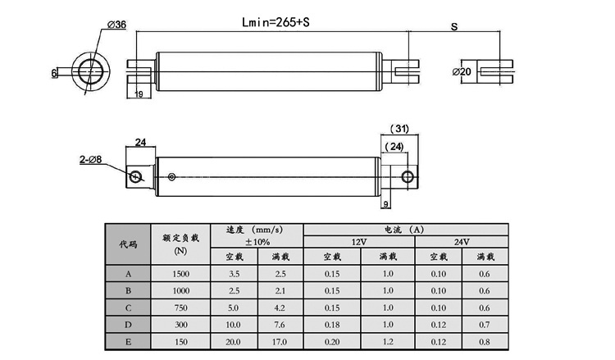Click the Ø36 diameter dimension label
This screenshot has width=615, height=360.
pyautogui.click(x=115, y=25)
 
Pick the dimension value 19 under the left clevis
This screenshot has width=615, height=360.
pyautogui.click(x=138, y=95)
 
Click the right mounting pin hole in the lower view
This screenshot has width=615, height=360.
pyautogui.click(x=408, y=175)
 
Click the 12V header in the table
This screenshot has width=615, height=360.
pyautogui.click(x=359, y=242)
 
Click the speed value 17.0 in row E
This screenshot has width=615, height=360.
pyautogui.click(x=280, y=340)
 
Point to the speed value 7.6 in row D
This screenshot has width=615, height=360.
pyautogui.click(x=280, y=324)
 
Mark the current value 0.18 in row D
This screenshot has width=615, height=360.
pyautogui.click(x=332, y=324)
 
